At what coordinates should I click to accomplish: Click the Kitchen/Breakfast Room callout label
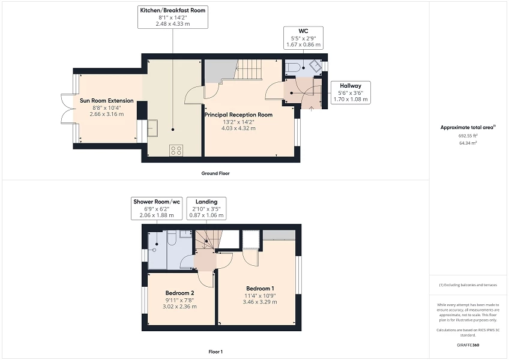click(173, 17)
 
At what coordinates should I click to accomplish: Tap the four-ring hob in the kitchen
click(176, 150)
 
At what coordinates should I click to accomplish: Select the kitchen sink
click(152, 128)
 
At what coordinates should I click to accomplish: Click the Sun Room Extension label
click(106, 101)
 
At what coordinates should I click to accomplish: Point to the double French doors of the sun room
click(67, 109)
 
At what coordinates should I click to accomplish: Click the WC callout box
click(303, 38)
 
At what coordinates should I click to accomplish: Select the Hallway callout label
click(351, 92)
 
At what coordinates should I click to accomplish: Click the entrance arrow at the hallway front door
click(312, 109)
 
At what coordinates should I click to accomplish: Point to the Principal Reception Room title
click(238, 115)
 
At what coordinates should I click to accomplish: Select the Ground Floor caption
click(215, 173)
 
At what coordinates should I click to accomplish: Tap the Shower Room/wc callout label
click(157, 208)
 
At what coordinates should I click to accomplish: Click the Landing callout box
click(206, 208)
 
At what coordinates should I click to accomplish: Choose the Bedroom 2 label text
click(179, 293)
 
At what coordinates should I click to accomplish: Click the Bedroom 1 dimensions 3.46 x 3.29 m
click(260, 302)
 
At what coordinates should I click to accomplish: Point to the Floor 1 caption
click(215, 352)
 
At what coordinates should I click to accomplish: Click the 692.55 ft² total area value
click(468, 136)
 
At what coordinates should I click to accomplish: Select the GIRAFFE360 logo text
click(468, 345)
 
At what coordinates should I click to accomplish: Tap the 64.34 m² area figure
click(468, 143)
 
